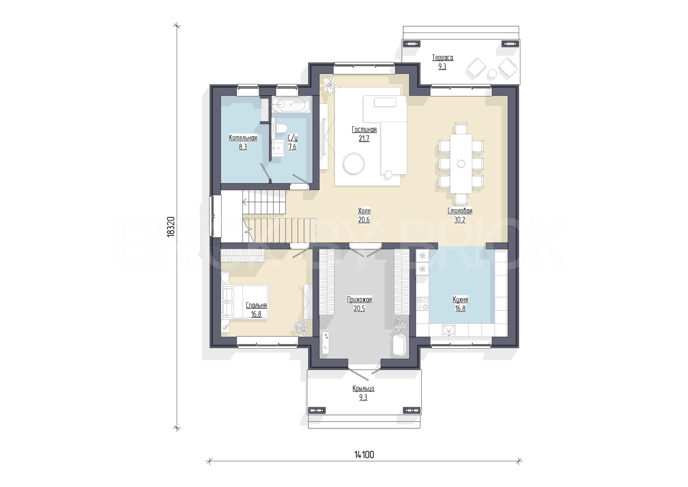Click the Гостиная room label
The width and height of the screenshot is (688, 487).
(x=364, y=129)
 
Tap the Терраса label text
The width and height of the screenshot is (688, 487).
(x=442, y=58)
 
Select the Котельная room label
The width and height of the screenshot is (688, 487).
(x=243, y=138)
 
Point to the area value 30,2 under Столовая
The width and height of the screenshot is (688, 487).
(x=460, y=220)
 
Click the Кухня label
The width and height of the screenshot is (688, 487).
(x=460, y=299)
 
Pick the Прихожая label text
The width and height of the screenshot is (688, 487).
(x=360, y=300)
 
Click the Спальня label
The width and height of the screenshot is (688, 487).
(x=256, y=305)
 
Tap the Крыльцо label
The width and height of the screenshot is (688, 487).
(x=363, y=389)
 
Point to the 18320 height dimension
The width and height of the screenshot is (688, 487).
(x=171, y=226)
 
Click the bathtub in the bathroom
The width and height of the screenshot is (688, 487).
(x=291, y=105)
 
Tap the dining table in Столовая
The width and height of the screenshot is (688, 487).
(x=461, y=164)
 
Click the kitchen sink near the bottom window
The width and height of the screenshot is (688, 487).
(x=449, y=330)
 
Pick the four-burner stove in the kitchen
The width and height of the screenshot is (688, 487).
(x=423, y=303)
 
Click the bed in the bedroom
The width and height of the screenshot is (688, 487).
(x=245, y=302)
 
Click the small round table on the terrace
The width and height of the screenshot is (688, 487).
(x=492, y=74)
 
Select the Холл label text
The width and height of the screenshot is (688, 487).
(x=364, y=211)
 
